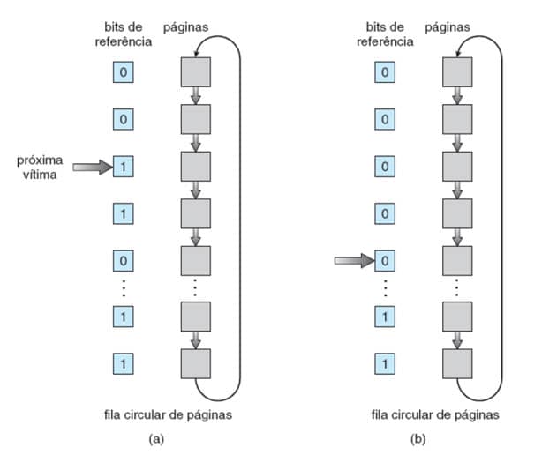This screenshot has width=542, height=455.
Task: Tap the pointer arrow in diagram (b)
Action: [354, 260]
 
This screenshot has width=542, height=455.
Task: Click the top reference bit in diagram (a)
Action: [124, 71]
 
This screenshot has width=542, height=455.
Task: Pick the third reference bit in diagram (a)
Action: [124, 166]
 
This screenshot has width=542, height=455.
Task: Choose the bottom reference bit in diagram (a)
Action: [124, 362]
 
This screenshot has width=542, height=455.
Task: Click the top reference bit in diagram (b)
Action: [384, 71]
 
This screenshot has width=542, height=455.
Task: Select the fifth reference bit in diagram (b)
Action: [384, 260]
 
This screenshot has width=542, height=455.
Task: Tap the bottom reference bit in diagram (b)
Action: [384, 362]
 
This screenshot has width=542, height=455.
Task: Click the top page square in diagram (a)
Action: [195, 71]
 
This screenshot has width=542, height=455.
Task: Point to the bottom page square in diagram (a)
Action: [195, 362]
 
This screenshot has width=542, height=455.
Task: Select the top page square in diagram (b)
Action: [456, 71]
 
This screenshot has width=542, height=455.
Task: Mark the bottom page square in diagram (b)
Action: [456, 362]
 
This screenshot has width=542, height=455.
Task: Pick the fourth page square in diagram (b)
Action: [456, 213]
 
